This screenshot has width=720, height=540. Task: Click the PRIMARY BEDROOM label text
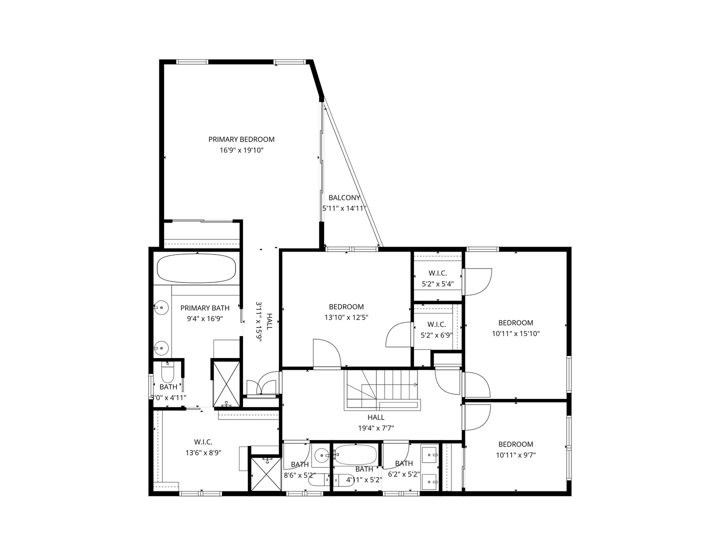pos(241,139)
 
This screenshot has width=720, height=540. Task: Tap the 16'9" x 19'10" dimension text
pos(241,150)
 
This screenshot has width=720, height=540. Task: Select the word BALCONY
pos(344,198)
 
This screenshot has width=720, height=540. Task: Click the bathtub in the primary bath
pos(196,269)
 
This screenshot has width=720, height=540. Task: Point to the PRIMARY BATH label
pos(205,308)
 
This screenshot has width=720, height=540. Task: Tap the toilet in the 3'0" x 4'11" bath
pos(167,374)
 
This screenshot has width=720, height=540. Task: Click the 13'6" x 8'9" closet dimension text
pos(203,452)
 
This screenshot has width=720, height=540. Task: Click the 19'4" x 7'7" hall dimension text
pos(376,428)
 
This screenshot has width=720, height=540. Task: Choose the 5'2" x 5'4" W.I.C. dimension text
pos(437,284)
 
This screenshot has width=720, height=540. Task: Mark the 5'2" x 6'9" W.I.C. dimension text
pos(436,335)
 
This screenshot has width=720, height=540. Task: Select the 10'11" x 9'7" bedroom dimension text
pos(515,455)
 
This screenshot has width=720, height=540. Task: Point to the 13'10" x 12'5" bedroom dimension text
pos(346,317)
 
